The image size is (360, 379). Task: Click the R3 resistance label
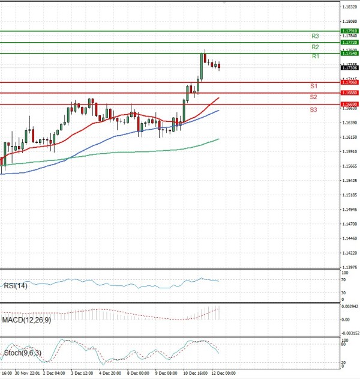coord(315,36)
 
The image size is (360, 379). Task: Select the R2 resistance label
coord(315,47)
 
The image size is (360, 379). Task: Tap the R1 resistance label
coord(315,56)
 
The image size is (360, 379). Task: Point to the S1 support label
coord(313,86)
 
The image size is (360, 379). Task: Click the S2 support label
coord(313,97)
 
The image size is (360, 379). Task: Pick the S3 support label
coord(313,110)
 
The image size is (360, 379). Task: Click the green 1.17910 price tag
coord(350,31)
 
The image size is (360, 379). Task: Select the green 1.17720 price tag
coord(350,43)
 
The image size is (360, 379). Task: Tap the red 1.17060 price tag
coord(350,82)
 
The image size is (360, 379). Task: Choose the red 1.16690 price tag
coord(350,105)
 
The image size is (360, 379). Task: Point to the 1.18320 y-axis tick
coord(349,7)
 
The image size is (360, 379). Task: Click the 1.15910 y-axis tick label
coord(349,151)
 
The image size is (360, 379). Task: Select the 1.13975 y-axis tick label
coord(349,267)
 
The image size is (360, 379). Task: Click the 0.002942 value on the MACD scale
coord(350,307)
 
